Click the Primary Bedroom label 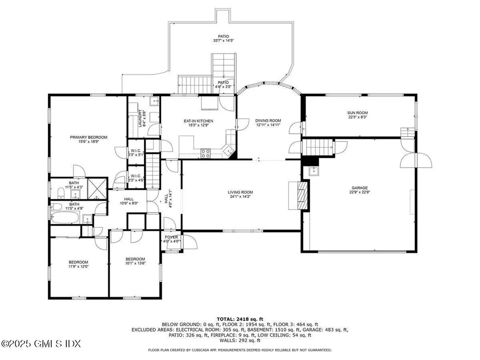point(89,137)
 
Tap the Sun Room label point(357,113)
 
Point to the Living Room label point(240,192)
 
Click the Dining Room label point(268,120)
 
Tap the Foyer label point(172,237)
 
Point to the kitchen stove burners point(206,151)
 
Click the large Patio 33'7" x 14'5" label point(224,36)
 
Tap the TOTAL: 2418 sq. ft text point(240,318)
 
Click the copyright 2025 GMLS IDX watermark point(40,344)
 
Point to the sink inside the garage point(313,172)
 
